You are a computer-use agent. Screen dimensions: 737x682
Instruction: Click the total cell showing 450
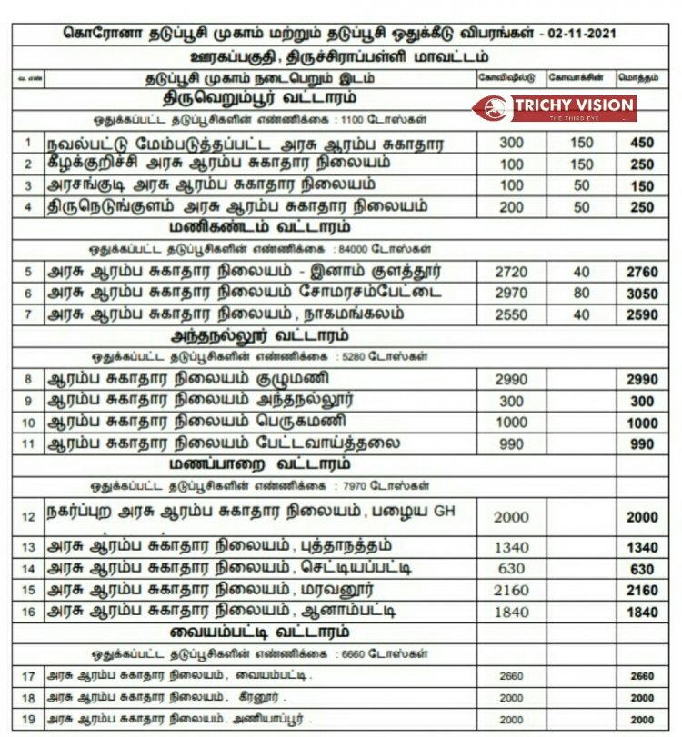pos(641,143)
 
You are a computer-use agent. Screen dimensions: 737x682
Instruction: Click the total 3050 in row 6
pos(641,294)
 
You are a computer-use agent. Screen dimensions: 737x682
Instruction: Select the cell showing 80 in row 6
pos(581,294)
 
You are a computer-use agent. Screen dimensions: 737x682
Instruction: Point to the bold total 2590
pos(641,314)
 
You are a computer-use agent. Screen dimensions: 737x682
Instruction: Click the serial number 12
pos(28,516)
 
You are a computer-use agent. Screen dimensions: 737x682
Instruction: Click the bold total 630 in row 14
pos(641,569)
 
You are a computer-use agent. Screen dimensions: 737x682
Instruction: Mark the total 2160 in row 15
pos(641,591)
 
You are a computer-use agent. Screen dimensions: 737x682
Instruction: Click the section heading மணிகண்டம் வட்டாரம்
pos(259,226)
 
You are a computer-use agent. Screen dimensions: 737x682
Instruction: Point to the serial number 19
pos(28,720)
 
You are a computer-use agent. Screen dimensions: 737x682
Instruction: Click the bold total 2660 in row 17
pos(641,676)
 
